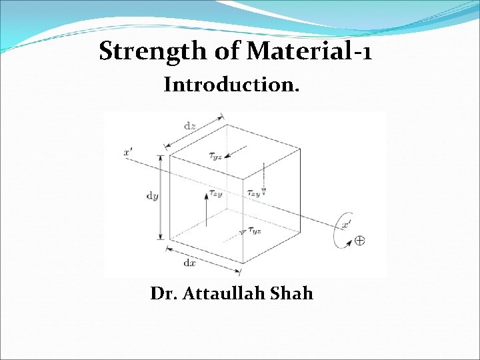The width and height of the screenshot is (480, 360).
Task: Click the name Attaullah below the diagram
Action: coord(233,293)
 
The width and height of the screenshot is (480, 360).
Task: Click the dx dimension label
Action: coord(190,263)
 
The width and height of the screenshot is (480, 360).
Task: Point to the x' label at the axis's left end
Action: coord(128,152)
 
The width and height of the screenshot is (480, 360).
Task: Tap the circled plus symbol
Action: coord(359,241)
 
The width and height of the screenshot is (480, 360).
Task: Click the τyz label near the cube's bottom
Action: coord(254,231)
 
